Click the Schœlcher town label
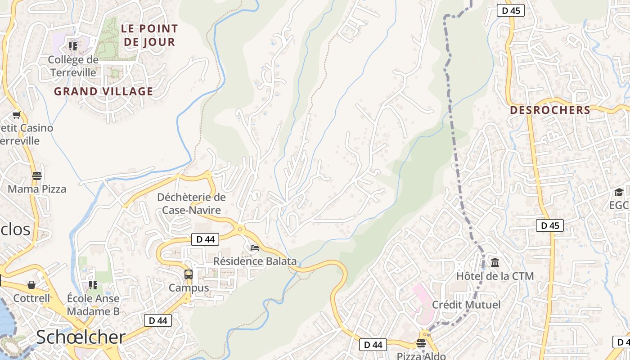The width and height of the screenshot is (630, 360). pos(81,337)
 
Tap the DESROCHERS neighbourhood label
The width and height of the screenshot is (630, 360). pos(550,110)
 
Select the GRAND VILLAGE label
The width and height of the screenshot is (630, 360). pos(103,91)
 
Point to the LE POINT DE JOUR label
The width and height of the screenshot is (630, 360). pos(149,35)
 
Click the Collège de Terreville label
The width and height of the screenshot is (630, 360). pos(73,66)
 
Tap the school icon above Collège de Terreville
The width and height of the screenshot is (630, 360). pos(72,46)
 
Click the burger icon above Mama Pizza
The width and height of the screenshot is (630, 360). pos(36,175)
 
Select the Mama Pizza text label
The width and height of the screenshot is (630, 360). pos(37,189)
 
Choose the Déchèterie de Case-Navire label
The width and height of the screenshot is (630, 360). pos(191,203)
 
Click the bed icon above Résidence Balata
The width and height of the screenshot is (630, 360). pos(255,247)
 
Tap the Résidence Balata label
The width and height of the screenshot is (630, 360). pos(255,261)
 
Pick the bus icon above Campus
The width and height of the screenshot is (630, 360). pos(189,274)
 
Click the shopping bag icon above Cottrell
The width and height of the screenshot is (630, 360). pos(31,285)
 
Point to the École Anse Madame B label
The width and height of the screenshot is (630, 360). pos(93,305)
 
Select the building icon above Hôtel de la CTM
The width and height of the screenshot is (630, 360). pos(495,262)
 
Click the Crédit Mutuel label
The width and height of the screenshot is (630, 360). pos(466,305)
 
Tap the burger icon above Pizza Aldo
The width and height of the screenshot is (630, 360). pos(421,343)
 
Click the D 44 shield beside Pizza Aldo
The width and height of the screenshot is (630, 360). pos(373,345)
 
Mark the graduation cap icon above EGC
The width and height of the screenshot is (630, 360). pos(619,192)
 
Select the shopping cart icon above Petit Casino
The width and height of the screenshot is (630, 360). pos(17,115)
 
